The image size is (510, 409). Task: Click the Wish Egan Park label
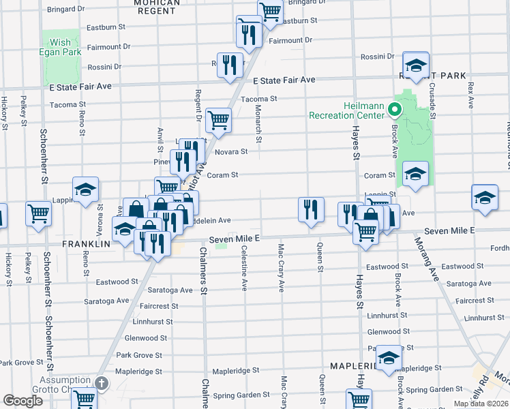pos(59,47)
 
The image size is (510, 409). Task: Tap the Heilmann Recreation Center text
pos(347,109)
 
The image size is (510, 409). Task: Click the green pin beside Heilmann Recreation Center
pos(393,109)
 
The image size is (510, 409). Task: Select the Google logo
pos(22,401)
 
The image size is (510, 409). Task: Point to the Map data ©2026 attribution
pos(481,404)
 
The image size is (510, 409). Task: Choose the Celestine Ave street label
pos(243,268)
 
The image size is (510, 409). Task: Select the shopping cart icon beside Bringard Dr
pos(271,11)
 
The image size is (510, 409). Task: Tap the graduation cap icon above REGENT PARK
pos(415,65)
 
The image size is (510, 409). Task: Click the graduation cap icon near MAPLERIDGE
pos(389,356)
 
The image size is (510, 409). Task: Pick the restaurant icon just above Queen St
pos(311,209)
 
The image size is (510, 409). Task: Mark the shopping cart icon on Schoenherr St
pos(39,213)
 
